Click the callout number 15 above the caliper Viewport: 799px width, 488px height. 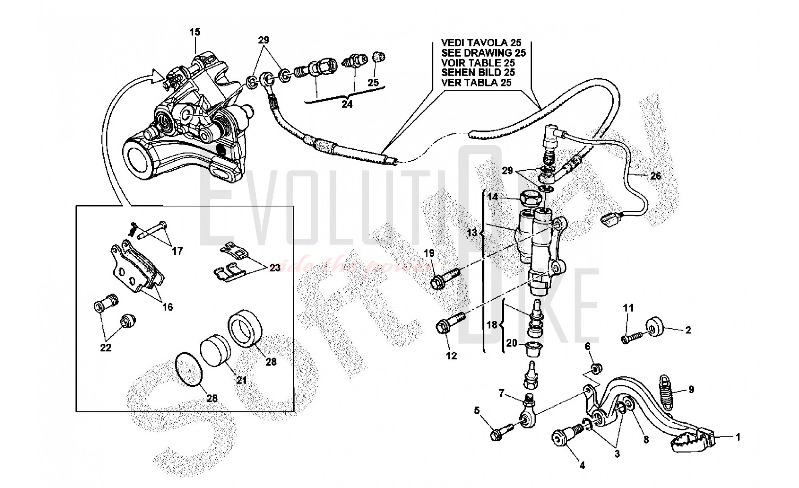pyautogui.click(x=195, y=32)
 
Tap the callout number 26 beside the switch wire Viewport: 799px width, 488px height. pyautogui.click(x=656, y=176)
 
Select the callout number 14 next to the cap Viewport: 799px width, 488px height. pyautogui.click(x=493, y=197)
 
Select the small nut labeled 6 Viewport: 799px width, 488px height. pyautogui.click(x=595, y=368)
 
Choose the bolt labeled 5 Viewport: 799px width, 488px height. pyautogui.click(x=499, y=431)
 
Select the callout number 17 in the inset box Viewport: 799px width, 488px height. pyautogui.click(x=177, y=251)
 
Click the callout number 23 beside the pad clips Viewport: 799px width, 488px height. pyautogui.click(x=275, y=268)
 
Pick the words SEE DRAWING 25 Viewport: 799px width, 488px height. pyautogui.click(x=483, y=53)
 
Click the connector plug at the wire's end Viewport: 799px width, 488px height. pyautogui.click(x=608, y=220)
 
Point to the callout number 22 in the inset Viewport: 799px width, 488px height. pyautogui.click(x=105, y=348)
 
